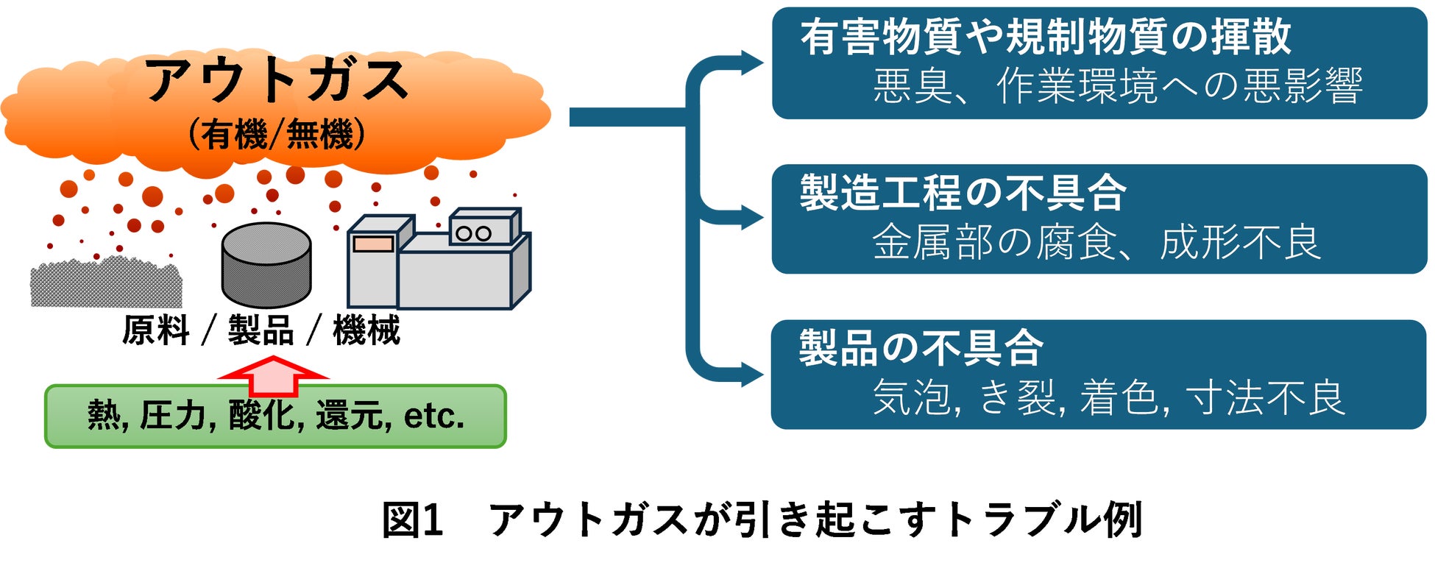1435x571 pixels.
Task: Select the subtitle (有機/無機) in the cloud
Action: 276,135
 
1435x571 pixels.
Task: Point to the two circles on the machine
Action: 473,233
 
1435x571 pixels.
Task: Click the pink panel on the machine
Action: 373,244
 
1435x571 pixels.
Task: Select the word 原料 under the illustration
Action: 156,330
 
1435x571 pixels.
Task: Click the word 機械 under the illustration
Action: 366,330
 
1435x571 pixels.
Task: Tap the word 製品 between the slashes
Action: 261,330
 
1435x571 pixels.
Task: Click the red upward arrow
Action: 273,375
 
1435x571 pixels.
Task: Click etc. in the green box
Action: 434,416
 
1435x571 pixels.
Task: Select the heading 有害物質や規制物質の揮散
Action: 1046,37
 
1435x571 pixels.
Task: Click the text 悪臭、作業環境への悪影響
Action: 1118,86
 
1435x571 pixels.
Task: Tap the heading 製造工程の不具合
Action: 963,193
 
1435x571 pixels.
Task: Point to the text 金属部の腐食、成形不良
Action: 1096,242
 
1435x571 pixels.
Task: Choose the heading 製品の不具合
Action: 922,348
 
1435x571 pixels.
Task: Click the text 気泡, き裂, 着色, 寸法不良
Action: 1108,398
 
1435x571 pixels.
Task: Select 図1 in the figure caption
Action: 412,519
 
